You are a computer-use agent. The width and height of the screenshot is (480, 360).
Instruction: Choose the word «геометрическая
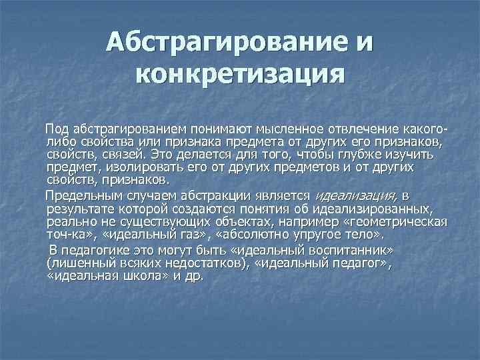391,222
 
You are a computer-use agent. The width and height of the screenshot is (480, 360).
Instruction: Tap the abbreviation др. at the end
194,276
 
